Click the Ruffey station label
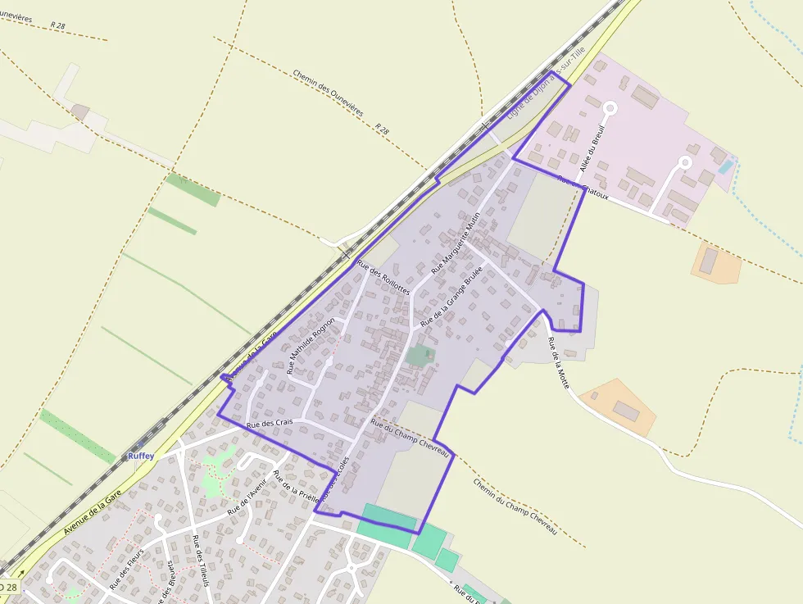coord(140,456)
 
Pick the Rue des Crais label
coord(270,425)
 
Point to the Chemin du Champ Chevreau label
coord(515,506)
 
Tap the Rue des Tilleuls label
coord(201,561)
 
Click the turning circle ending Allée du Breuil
coord(610,107)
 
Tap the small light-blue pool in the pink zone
coord(725,166)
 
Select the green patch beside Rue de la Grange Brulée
coord(420,356)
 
